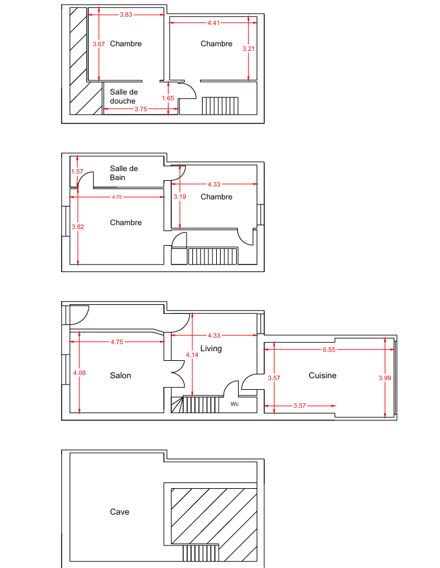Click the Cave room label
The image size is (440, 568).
click(x=120, y=511)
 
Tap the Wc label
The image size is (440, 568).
click(x=235, y=404)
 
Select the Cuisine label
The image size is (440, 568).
click(x=322, y=375)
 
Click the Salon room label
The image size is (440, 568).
click(x=120, y=375)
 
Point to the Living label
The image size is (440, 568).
click(x=211, y=349)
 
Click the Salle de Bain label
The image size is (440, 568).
click(x=124, y=173)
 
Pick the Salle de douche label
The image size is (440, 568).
click(x=124, y=96)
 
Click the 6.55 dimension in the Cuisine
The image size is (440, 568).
click(x=329, y=349)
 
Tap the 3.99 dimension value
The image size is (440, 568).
click(x=385, y=378)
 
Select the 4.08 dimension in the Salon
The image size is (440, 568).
click(x=79, y=372)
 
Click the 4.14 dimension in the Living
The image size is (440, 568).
click(x=192, y=355)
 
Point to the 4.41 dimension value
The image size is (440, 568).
click(x=214, y=23)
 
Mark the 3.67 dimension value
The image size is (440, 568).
click(x=98, y=44)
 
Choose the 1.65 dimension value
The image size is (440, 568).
click(x=168, y=98)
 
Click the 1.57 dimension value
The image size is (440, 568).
click(x=77, y=172)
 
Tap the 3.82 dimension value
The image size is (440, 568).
click(x=78, y=227)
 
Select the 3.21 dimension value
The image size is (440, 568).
click(x=248, y=48)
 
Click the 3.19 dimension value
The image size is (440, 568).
click(x=179, y=197)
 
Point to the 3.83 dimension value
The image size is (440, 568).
click(x=126, y=15)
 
